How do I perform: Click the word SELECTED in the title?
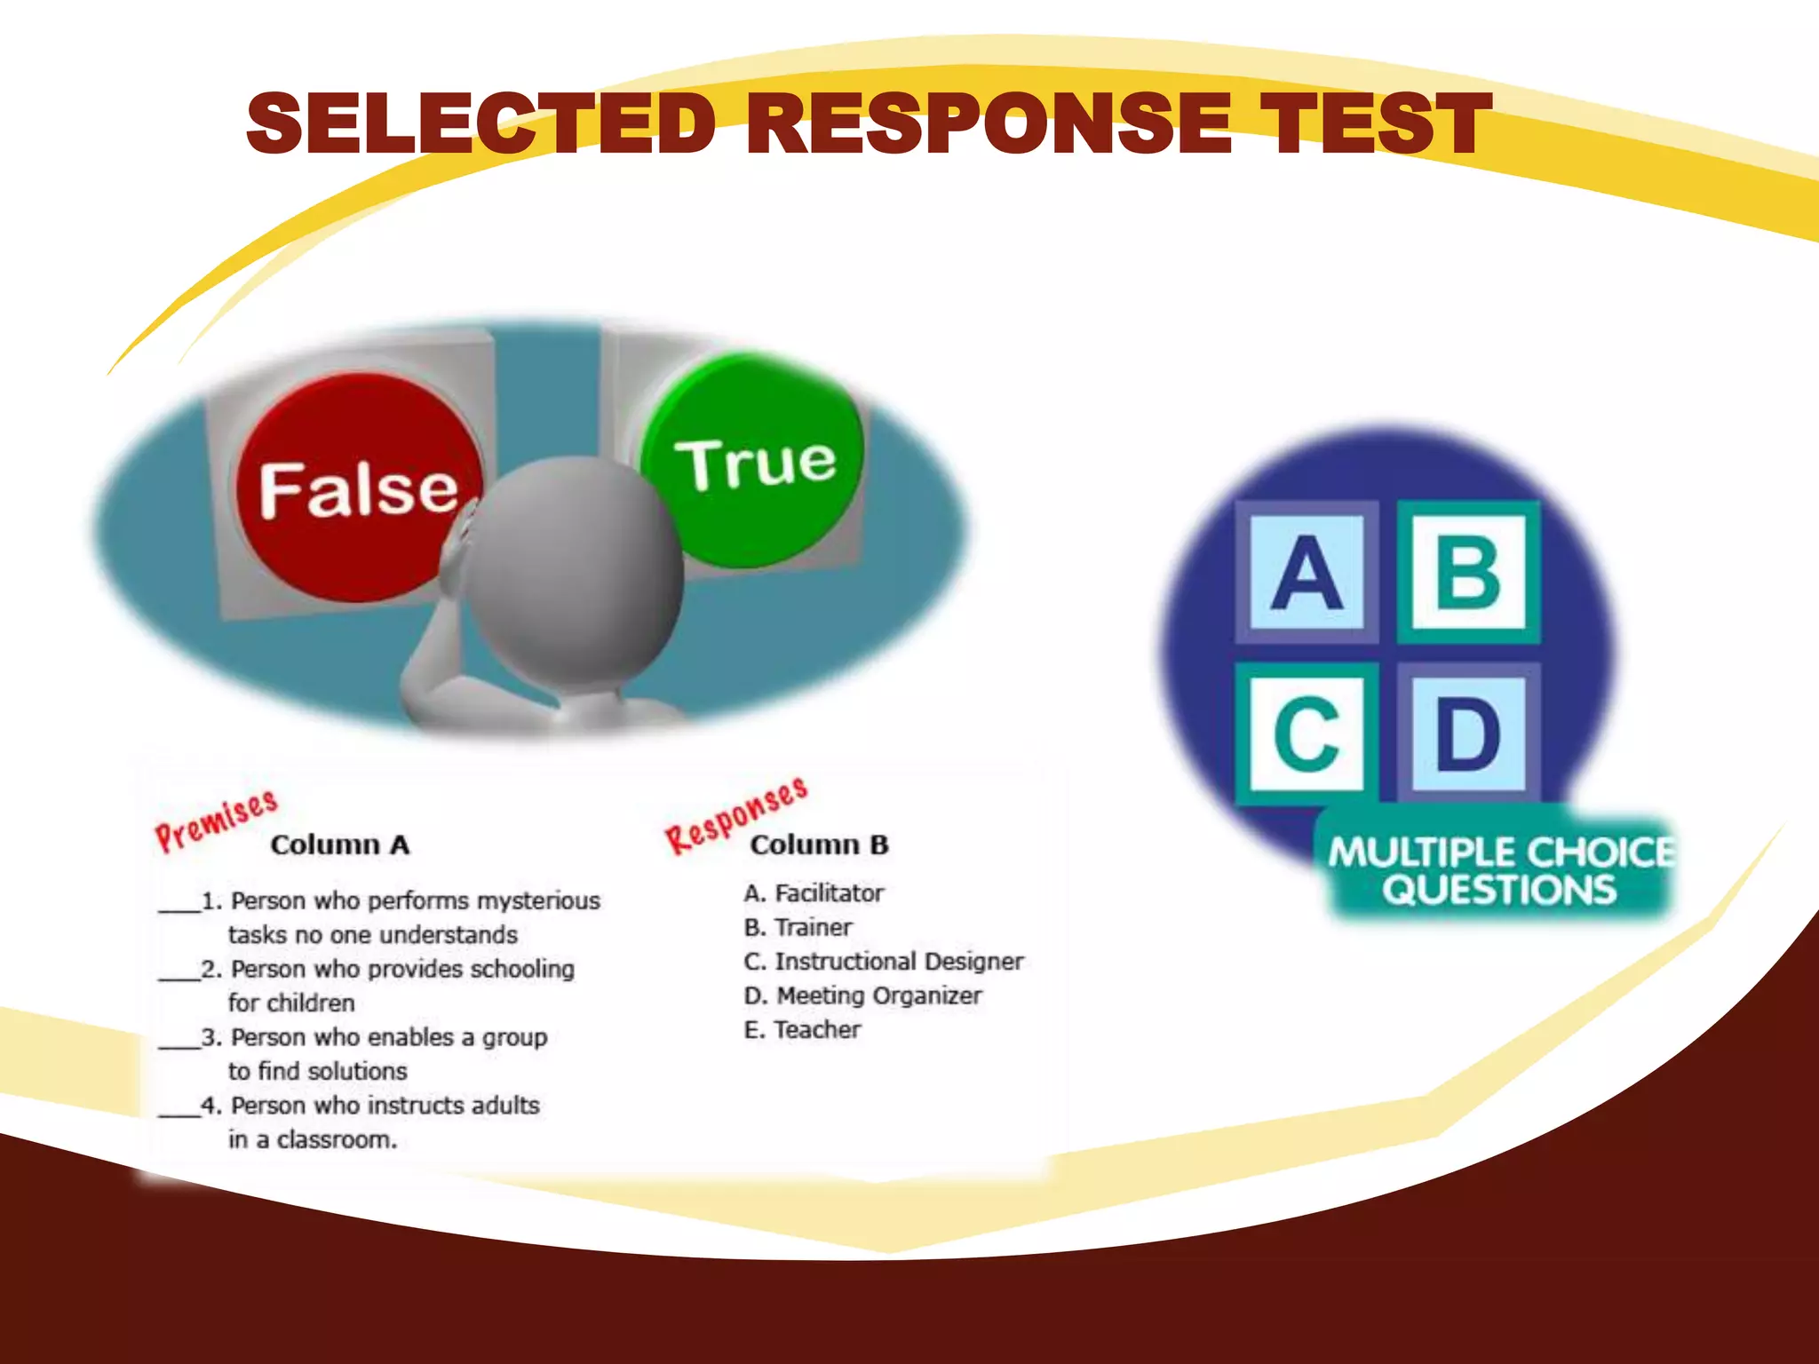click(x=481, y=123)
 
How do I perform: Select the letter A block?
click(x=1306, y=573)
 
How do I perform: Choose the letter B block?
click(x=1468, y=573)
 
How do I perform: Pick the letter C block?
click(x=1306, y=734)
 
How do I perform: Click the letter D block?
click(x=1468, y=734)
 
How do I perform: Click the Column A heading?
click(x=340, y=845)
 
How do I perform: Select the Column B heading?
click(x=819, y=845)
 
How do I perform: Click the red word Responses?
click(x=736, y=814)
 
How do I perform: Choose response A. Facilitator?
click(x=814, y=893)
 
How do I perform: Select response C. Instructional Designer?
click(x=883, y=962)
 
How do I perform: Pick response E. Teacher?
click(x=802, y=1030)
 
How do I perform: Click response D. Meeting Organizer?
click(x=862, y=996)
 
